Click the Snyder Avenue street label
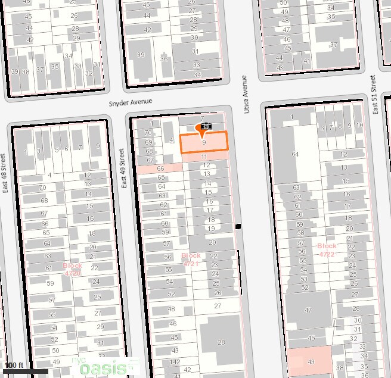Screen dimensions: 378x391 pyautogui.click(x=131, y=102)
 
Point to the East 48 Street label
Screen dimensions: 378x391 pyautogui.click(x=4, y=179)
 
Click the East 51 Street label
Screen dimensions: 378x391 pyautogui.click(x=373, y=95)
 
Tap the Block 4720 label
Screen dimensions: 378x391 pyautogui.click(x=72, y=269)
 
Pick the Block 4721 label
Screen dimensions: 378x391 pyautogui.click(x=191, y=259)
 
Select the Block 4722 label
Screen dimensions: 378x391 pyautogui.click(x=327, y=249)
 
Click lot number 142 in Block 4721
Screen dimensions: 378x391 pyautogui.click(x=175, y=362)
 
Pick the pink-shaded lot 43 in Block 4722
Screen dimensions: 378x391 pyautogui.click(x=310, y=361)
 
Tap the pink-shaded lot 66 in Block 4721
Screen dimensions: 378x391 pyautogui.click(x=159, y=168)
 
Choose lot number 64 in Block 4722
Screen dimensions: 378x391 pyautogui.click(x=294, y=154)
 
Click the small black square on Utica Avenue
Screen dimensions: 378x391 pyautogui.click(x=238, y=227)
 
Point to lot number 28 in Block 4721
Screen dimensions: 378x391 pyautogui.click(x=221, y=342)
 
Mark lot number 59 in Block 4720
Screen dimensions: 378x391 pyautogui.click(x=51, y=284)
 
